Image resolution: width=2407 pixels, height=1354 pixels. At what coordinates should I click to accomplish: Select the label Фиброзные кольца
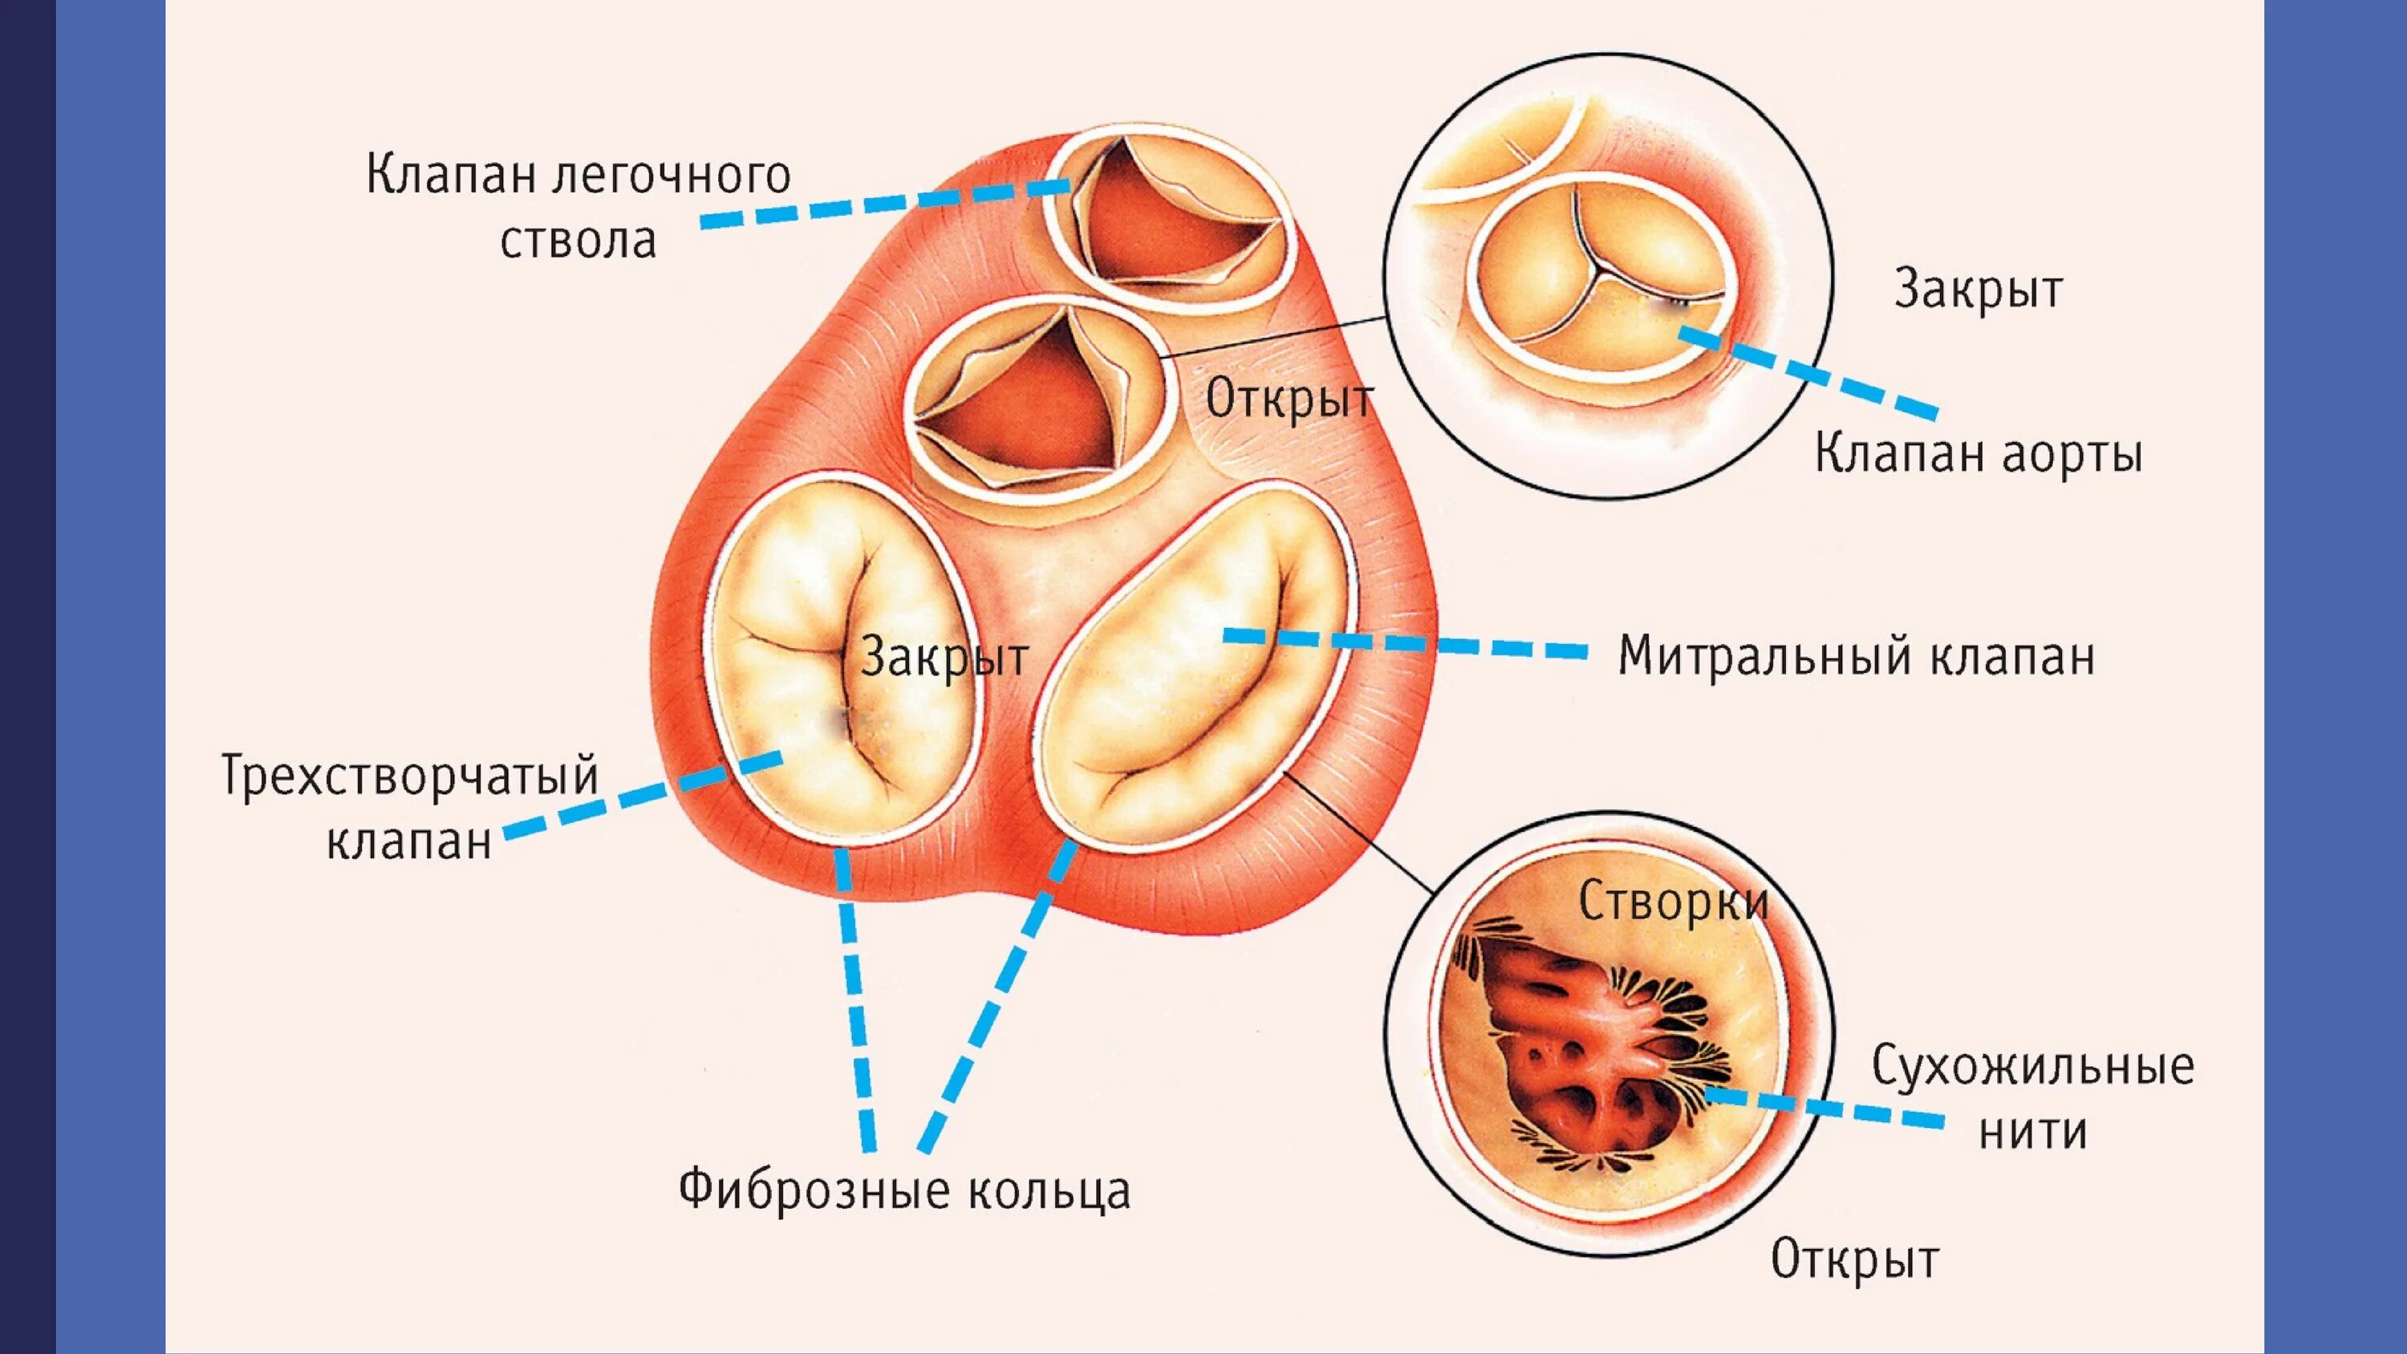904,1190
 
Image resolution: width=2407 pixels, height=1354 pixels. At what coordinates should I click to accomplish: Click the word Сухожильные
2033,1067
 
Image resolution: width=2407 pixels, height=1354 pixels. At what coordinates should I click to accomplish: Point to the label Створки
1674,902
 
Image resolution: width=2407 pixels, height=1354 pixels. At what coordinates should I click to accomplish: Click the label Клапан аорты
1978,455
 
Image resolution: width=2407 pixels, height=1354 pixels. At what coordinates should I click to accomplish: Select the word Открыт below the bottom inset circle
1855,1259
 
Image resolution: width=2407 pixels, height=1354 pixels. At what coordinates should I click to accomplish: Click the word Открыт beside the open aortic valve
1289,401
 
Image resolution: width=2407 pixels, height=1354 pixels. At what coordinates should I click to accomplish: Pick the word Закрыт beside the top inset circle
1978,290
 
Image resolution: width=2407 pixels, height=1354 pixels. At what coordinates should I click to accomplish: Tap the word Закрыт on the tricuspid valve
944,657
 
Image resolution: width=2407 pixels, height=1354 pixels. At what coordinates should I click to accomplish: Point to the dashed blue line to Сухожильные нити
1822,1109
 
